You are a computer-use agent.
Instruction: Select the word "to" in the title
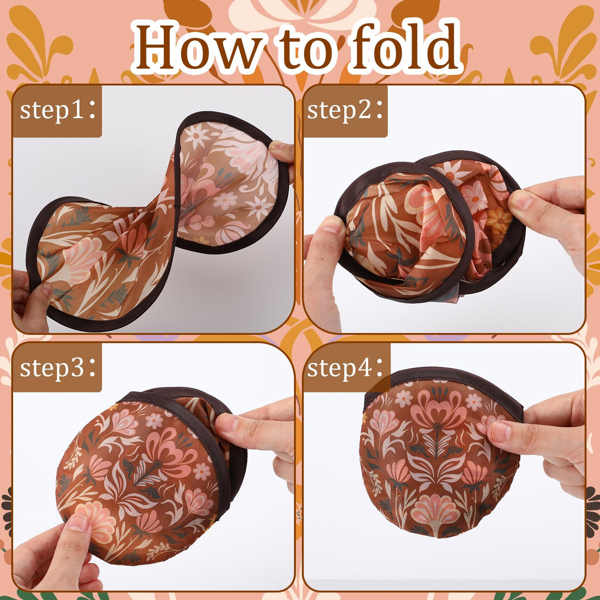point(306,50)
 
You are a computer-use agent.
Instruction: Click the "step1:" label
point(58,111)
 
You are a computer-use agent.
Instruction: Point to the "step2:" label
point(345,111)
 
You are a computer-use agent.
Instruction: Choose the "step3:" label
point(58,367)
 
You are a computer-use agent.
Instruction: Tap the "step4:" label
point(345,367)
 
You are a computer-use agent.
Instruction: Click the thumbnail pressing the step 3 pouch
point(78,522)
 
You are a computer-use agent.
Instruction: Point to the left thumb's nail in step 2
point(329,225)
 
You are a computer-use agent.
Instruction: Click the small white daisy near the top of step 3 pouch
point(154,421)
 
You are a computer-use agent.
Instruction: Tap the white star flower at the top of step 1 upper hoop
point(195,137)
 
